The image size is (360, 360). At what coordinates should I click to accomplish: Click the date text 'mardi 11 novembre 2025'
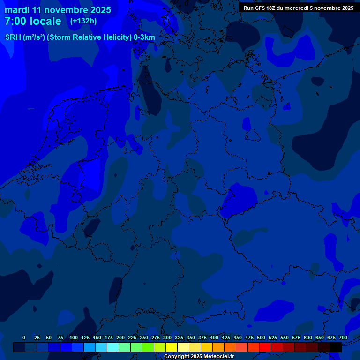tap(58, 10)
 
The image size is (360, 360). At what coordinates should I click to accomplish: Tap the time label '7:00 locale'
tap(33, 21)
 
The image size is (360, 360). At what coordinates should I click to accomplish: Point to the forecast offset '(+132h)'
tap(83, 21)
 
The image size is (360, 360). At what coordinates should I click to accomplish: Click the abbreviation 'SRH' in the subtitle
tap(13, 37)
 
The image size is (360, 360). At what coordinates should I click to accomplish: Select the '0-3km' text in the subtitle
tap(144, 37)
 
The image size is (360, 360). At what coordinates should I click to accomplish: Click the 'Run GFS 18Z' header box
tap(299, 8)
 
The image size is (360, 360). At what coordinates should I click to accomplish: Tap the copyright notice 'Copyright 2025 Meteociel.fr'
tap(199, 357)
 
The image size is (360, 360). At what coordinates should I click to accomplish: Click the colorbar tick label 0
tap(24, 337)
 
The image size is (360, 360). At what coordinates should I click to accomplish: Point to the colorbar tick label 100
tap(73, 337)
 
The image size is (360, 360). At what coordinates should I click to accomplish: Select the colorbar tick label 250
tap(143, 337)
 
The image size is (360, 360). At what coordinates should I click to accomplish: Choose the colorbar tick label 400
tap(214, 337)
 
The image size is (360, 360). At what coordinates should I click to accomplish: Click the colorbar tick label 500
tap(261, 337)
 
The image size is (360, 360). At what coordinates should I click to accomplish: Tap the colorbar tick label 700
tap(343, 337)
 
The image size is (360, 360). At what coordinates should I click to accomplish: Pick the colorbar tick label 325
tap(179, 337)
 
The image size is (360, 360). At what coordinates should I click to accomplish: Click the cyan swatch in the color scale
tap(113, 347)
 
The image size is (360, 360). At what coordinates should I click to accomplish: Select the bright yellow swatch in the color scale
tap(172, 347)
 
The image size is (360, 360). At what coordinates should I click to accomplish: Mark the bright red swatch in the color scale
tap(265, 347)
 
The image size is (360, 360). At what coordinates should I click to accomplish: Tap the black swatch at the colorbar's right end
tap(336, 347)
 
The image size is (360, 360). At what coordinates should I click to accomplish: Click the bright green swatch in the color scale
tap(148, 347)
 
